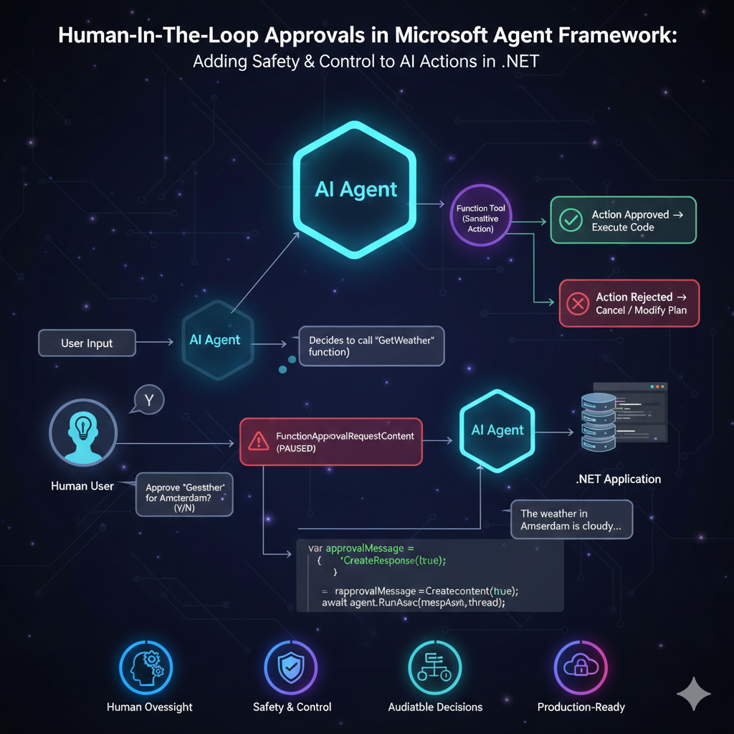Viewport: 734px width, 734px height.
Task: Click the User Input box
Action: click(87, 343)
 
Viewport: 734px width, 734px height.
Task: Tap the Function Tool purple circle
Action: click(480, 219)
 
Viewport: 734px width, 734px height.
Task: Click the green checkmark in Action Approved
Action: click(571, 221)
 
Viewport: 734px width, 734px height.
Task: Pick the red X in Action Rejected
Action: click(577, 303)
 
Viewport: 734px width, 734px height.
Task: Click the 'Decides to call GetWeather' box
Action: click(371, 346)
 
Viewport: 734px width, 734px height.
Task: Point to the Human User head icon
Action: click(82, 432)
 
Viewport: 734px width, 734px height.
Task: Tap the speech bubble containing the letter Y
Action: click(148, 400)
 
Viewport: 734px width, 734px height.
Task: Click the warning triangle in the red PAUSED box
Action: click(257, 441)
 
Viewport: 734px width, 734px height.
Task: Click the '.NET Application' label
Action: click(618, 479)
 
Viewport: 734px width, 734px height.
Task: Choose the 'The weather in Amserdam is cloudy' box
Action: click(571, 520)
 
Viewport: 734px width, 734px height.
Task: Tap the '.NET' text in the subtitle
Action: click(520, 62)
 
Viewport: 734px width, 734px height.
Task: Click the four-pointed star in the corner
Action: click(693, 693)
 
